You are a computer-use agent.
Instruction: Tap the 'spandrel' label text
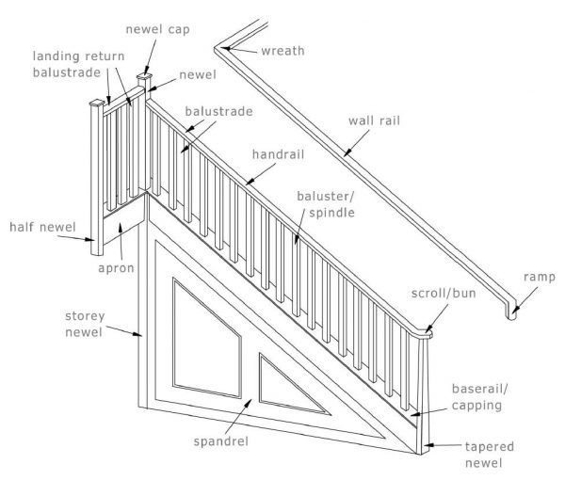[x=229, y=439]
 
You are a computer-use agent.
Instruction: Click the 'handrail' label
[x=277, y=152]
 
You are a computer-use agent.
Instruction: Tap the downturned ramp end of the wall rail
[x=512, y=310]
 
